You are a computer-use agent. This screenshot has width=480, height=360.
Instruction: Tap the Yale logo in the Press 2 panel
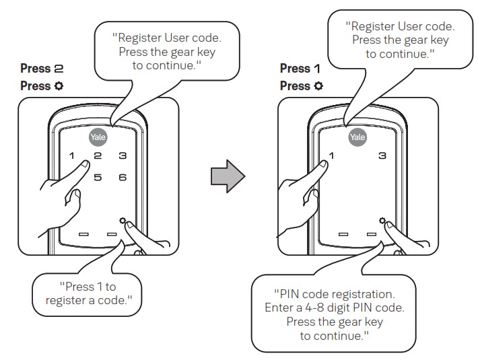pyautogui.click(x=98, y=137)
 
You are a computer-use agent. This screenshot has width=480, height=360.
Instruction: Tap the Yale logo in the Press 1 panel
pyautogui.click(x=357, y=137)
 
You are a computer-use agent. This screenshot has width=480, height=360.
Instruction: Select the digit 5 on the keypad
pyautogui.click(x=98, y=178)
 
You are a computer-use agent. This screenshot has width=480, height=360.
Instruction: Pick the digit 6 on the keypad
pyautogui.click(x=123, y=178)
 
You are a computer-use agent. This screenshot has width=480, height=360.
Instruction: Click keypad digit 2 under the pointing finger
pyautogui.click(x=98, y=157)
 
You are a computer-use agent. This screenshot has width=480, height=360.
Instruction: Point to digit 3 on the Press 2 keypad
pyautogui.click(x=123, y=157)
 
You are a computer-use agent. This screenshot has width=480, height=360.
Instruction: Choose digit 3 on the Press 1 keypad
pyautogui.click(x=382, y=157)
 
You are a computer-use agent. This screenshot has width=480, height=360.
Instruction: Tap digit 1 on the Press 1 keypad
pyautogui.click(x=331, y=157)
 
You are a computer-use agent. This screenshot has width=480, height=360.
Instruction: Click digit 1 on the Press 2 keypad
pyautogui.click(x=71, y=157)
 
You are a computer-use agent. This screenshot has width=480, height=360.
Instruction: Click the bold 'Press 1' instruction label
pyautogui.click(x=295, y=69)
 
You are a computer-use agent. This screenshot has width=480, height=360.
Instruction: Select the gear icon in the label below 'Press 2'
pyautogui.click(x=59, y=86)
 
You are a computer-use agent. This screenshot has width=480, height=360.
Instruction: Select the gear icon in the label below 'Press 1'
pyautogui.click(x=318, y=86)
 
